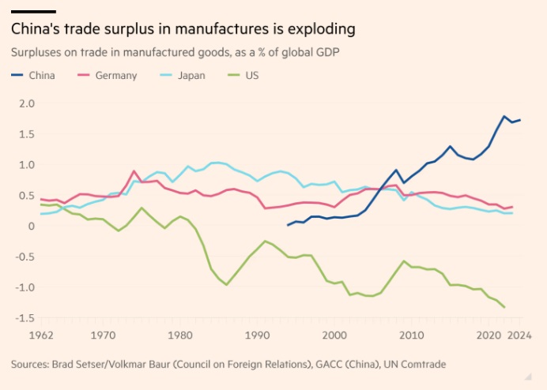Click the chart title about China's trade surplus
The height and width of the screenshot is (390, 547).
[183, 29]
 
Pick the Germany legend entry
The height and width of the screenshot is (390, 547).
[108, 76]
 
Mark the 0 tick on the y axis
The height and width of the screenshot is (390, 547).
[32, 226]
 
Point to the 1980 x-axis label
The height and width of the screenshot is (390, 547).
[180, 336]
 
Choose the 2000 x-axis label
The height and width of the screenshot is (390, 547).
[334, 336]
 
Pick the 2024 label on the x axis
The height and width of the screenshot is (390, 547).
[519, 336]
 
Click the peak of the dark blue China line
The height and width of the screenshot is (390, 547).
[504, 116]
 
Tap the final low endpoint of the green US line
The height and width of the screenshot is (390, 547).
[504, 308]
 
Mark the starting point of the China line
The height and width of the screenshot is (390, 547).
[288, 225]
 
